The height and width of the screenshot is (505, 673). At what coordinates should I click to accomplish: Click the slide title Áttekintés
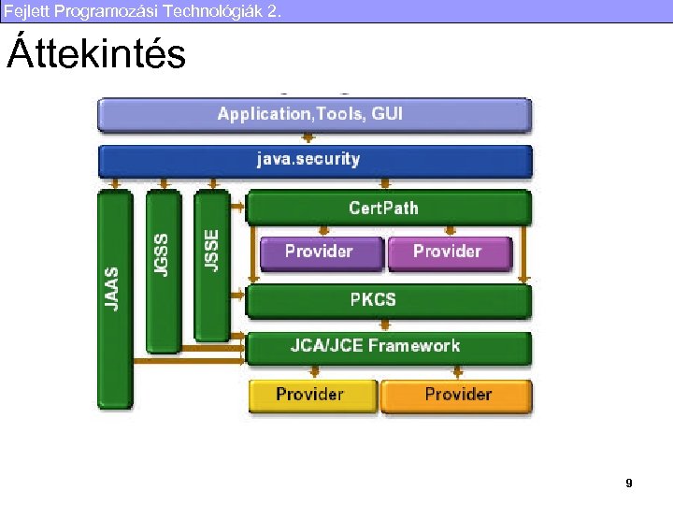point(96,55)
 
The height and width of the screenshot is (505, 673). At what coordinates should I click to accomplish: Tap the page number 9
point(628,483)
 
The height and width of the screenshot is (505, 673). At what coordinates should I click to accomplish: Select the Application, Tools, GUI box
point(314,115)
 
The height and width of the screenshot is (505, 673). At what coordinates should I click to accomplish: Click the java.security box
point(314,160)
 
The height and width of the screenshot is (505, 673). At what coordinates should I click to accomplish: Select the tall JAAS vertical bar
point(115,299)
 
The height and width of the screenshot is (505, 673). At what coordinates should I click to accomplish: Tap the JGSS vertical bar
point(163,271)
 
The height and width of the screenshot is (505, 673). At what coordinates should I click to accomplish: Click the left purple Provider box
point(320,252)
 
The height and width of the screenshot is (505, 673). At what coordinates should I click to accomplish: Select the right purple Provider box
point(449,252)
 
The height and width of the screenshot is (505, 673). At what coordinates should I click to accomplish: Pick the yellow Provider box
point(311,395)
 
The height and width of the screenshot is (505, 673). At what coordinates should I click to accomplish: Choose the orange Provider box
point(456,395)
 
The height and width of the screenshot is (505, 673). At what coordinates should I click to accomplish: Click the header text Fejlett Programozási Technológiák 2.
point(140,10)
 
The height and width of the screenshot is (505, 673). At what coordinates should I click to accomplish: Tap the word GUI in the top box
point(387,114)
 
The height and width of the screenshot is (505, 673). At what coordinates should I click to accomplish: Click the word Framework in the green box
point(414,346)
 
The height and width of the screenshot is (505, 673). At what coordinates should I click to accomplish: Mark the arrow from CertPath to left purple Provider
point(321,230)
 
